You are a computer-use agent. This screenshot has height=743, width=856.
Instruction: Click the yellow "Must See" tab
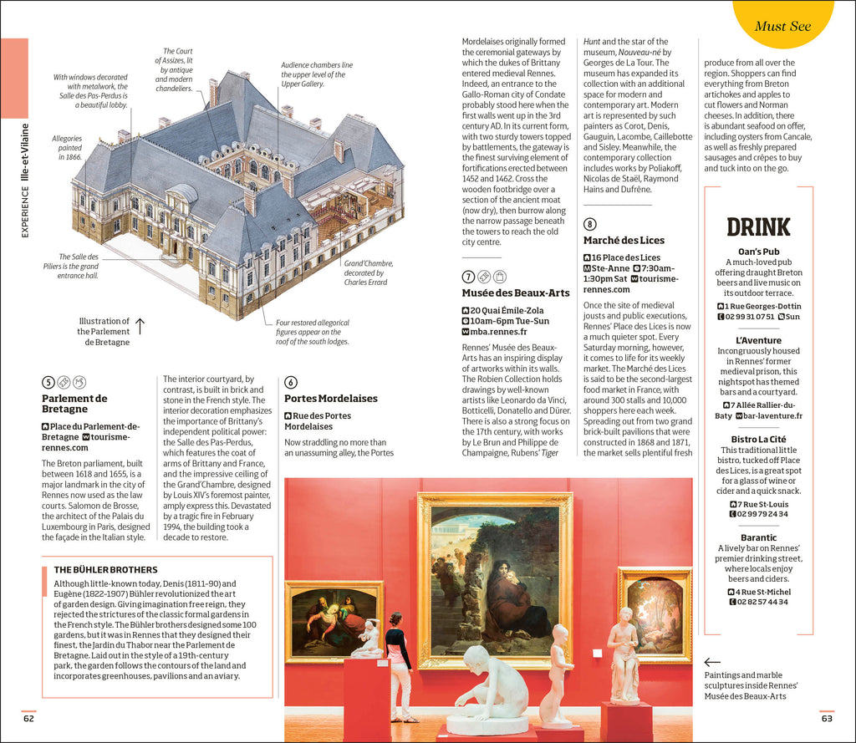tap(782, 25)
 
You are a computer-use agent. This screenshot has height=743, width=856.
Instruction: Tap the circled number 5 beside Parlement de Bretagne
tap(48, 382)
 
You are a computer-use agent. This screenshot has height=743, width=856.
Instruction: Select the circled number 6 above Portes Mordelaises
tap(291, 382)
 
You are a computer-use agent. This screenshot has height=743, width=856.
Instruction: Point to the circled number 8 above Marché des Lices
tap(590, 223)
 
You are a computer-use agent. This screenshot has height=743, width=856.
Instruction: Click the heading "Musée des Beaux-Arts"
tap(516, 293)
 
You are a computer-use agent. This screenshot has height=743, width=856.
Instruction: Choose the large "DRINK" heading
tap(758, 227)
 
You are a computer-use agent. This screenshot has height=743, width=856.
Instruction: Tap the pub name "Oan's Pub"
tap(758, 252)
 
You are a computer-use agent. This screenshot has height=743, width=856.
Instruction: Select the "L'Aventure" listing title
tap(758, 340)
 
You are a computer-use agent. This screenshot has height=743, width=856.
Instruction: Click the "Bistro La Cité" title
tap(758, 439)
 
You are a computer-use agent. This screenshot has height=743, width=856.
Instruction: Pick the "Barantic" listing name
tap(758, 537)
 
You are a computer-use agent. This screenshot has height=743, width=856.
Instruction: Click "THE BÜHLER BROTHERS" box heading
tap(105, 570)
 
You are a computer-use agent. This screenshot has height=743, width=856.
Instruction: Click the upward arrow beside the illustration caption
tap(140, 326)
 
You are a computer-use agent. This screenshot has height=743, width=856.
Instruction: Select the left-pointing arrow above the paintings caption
tap(712, 661)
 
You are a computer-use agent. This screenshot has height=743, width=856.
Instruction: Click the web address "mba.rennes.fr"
tap(499, 332)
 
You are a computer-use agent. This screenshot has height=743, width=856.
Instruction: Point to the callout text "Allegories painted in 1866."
tap(67, 148)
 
